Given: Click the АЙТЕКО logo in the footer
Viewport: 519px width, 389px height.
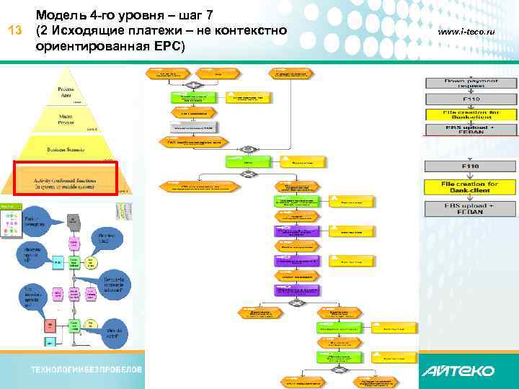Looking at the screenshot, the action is (x=458, y=371).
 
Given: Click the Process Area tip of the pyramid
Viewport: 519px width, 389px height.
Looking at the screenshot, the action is (x=67, y=91).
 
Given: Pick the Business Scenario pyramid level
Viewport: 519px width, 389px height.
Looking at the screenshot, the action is (x=67, y=149).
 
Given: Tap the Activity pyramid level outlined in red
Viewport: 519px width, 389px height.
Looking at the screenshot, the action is (x=66, y=178).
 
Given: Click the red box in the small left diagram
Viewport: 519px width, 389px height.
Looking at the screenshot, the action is (x=50, y=326).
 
